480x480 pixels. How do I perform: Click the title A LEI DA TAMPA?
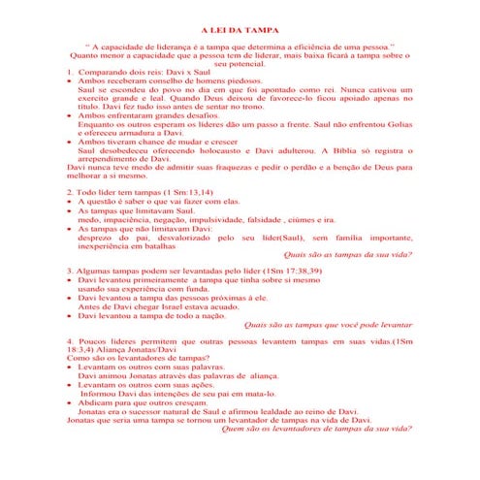click(x=240, y=31)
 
